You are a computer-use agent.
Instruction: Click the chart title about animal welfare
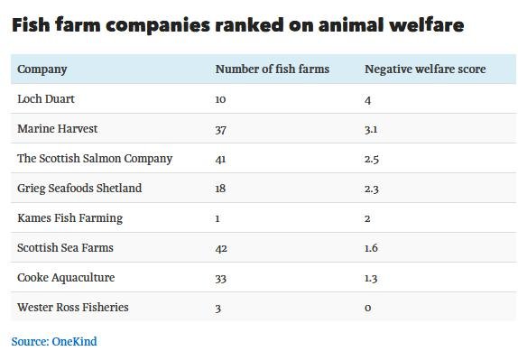coord(237,25)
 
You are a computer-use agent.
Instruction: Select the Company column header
coord(42,69)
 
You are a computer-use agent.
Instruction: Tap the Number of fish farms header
coord(272,69)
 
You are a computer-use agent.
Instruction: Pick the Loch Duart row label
coord(46,99)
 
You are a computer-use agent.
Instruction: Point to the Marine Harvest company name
coord(57,129)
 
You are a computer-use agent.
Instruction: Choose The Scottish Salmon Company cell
coord(95,159)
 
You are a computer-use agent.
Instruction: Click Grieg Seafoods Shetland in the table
coord(79,189)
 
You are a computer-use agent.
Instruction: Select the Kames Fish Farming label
coord(69,218)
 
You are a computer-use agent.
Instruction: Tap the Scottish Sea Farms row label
coord(65,248)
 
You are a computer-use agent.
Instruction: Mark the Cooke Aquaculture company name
coord(66,278)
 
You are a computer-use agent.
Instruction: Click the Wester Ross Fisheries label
coord(73,308)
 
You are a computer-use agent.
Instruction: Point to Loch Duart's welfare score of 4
coord(368,99)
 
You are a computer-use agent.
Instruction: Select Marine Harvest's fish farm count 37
coord(221,129)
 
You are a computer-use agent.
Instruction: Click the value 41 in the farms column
coord(221,159)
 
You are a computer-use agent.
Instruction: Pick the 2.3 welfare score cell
coord(372,189)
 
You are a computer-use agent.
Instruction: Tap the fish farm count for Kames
coord(217,218)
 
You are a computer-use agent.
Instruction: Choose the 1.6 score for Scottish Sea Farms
coord(372,248)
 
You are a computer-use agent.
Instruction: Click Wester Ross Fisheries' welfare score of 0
coord(368,308)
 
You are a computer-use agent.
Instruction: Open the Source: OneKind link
coord(53,342)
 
